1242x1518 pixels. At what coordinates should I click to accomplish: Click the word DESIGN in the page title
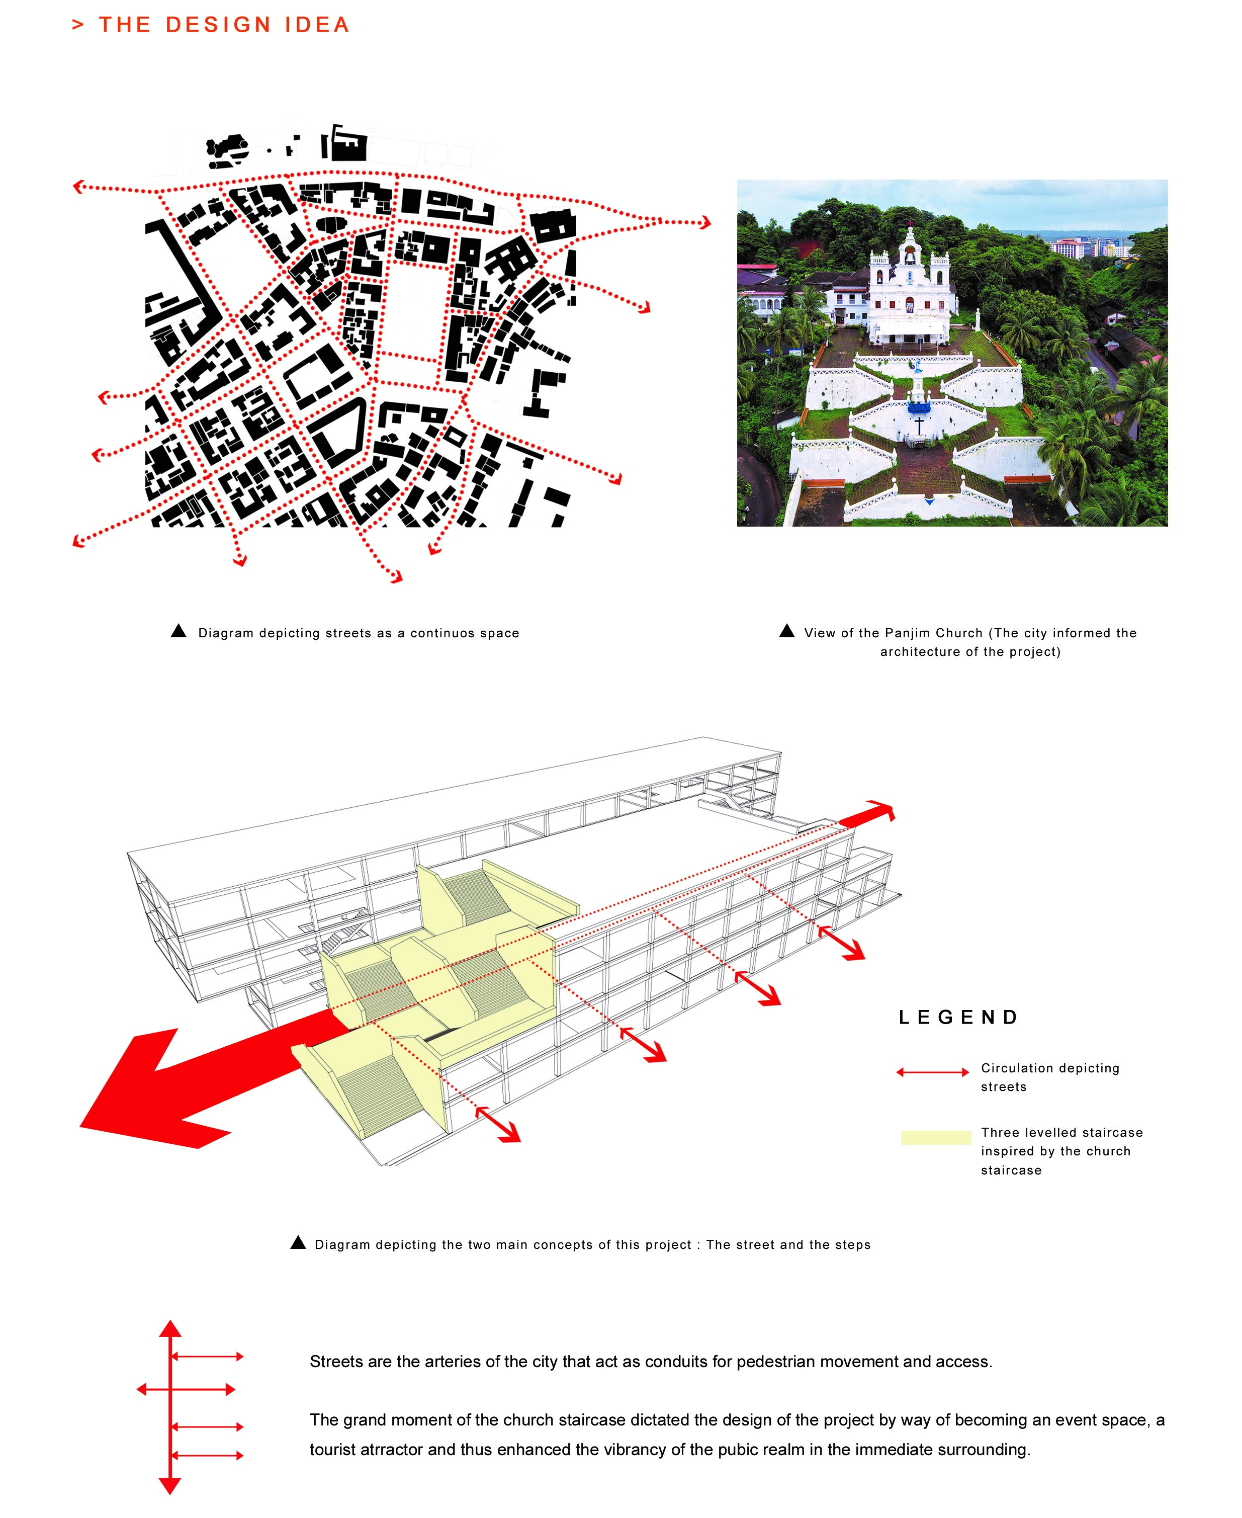218,25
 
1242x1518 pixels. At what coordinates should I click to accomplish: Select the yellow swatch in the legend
935,1137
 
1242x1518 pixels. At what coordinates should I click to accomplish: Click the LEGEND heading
959,1018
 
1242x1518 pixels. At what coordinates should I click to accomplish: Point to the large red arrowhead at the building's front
143,1095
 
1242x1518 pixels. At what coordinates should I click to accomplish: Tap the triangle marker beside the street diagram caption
179,631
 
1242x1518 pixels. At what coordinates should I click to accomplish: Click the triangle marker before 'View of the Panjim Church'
786,631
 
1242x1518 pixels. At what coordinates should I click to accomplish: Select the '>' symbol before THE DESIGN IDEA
78,25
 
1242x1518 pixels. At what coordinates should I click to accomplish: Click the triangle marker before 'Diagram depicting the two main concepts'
298,1242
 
